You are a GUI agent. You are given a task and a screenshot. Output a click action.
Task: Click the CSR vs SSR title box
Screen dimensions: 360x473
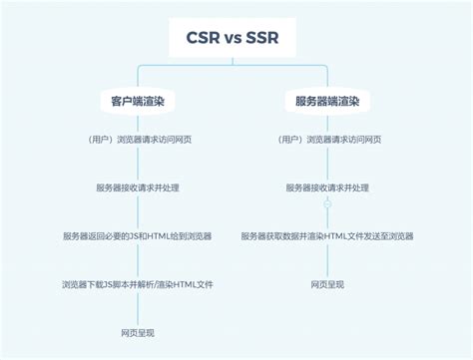[236, 39]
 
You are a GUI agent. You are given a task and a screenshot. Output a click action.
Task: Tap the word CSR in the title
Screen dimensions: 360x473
[204, 39]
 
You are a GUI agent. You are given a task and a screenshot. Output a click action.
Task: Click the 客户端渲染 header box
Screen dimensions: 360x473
[137, 102]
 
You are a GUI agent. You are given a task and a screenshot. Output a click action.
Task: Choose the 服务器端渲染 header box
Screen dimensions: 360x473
[327, 102]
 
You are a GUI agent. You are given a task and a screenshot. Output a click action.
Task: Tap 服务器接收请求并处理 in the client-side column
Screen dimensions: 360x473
[137, 187]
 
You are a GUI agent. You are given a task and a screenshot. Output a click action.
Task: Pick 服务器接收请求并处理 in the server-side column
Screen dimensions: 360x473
[327, 187]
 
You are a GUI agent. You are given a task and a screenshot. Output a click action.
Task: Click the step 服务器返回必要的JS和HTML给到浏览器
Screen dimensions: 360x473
[137, 236]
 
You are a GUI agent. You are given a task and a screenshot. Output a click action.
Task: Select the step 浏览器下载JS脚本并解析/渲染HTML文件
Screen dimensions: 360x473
[137, 284]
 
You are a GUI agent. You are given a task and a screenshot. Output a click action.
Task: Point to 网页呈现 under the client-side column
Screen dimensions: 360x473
[137, 332]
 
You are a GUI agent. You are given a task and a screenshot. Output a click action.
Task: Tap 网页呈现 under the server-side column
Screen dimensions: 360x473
[327, 284]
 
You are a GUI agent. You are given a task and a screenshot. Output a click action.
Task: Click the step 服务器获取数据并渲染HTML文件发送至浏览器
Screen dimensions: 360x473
[327, 236]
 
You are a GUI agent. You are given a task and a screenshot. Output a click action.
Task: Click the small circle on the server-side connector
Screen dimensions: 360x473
[327, 204]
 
